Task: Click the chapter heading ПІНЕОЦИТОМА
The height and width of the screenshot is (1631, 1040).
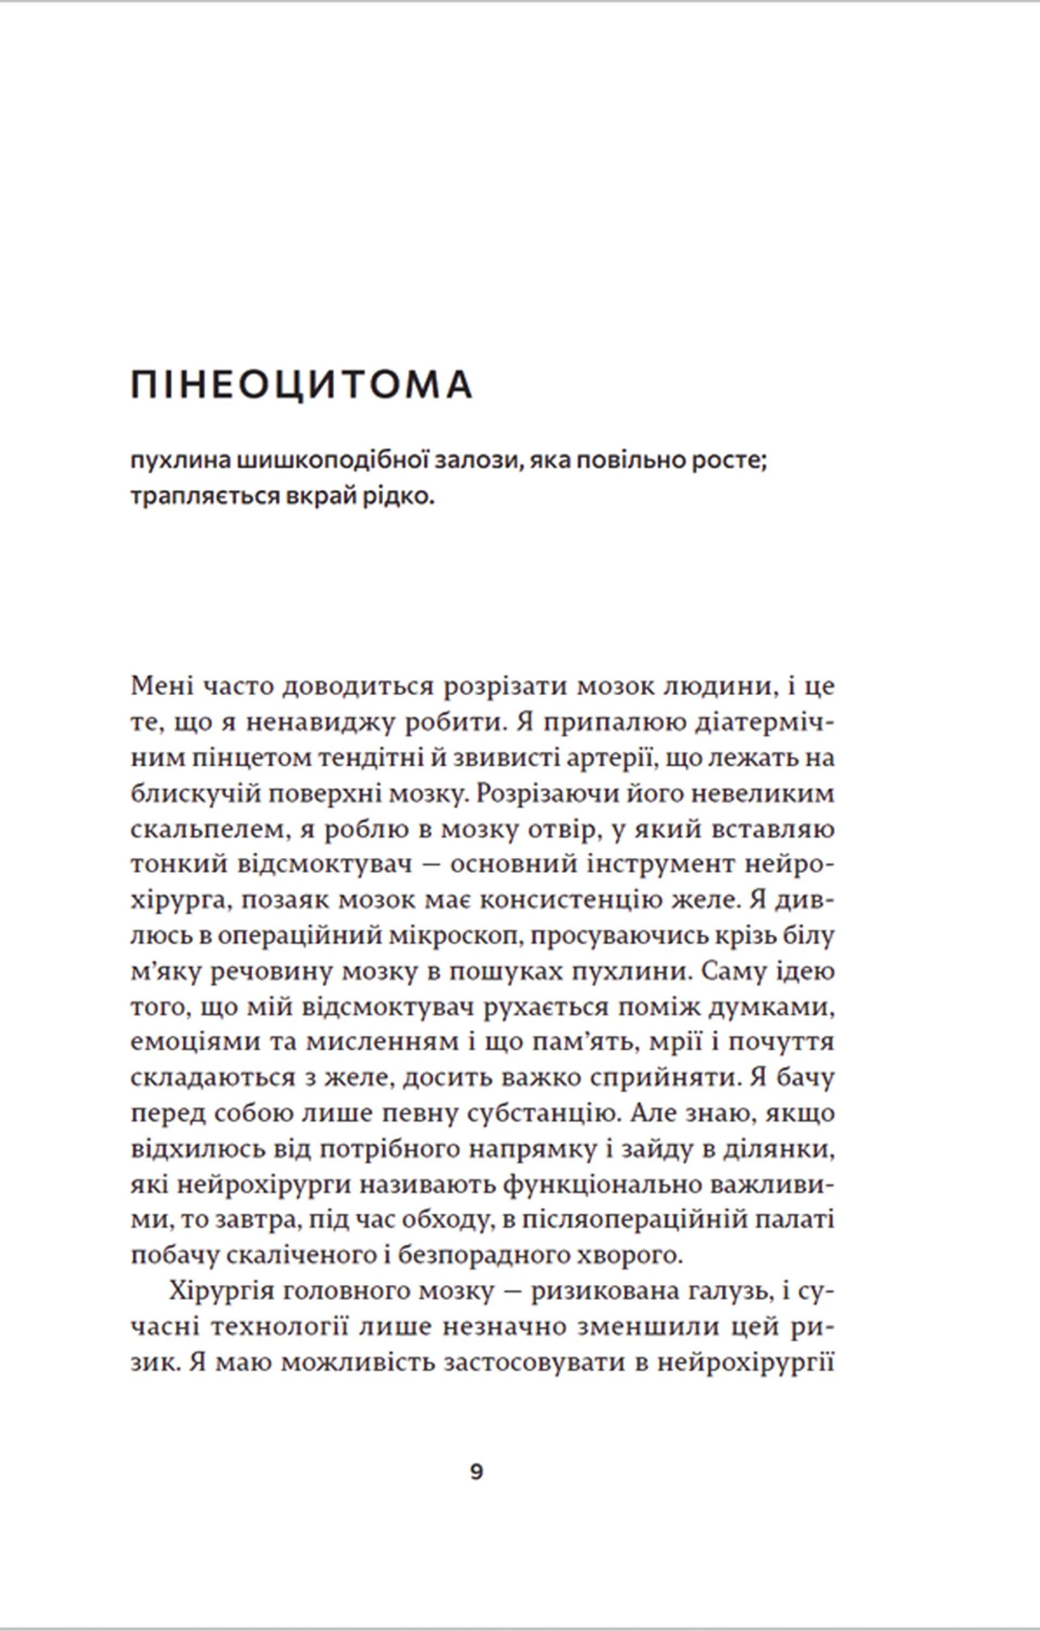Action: click(x=302, y=386)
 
